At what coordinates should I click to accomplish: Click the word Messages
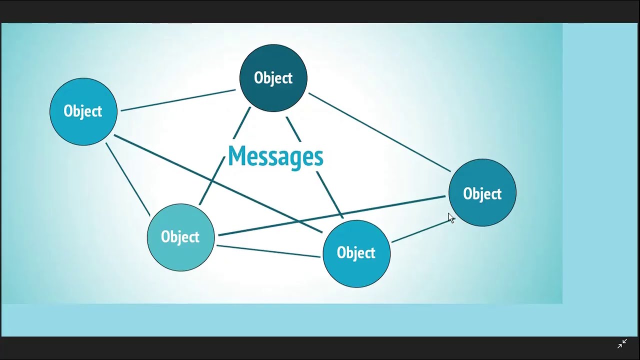pyautogui.click(x=275, y=156)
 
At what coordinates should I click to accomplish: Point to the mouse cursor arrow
pyautogui.click(x=450, y=217)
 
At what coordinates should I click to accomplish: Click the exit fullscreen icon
pyautogui.click(x=622, y=343)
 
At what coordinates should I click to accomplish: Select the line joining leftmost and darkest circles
pyautogui.click(x=177, y=100)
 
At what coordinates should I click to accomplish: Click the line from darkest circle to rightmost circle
pyautogui.click(x=380, y=132)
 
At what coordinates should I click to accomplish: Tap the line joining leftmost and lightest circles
pyautogui.click(x=127, y=179)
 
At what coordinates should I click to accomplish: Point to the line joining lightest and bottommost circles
pyautogui.click(x=268, y=251)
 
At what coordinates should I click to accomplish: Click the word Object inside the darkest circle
pyautogui.click(x=273, y=78)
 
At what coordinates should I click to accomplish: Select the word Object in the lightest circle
pyautogui.click(x=180, y=237)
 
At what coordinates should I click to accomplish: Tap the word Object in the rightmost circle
pyautogui.click(x=482, y=194)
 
